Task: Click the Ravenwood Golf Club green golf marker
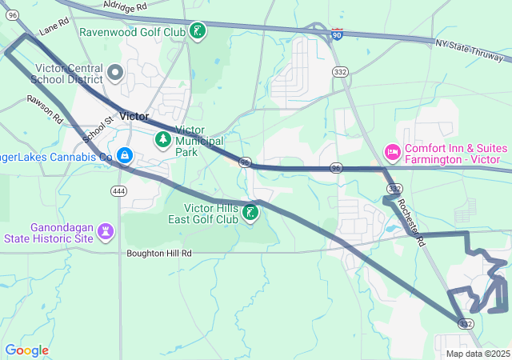pos(197,32)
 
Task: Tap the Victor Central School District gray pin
pos(115,74)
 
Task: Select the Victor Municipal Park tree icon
pos(163,140)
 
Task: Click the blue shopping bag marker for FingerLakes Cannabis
pos(124,154)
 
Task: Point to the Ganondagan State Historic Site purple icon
pos(106,231)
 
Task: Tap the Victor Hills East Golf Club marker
pos(250,213)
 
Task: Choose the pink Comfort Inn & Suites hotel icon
pos(393,150)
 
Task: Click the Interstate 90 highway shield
pos(337,34)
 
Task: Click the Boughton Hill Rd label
pos(159,253)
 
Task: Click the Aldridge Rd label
pos(125,5)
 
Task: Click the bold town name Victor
pos(134,116)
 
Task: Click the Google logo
pos(26,350)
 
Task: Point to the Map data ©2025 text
pos(477,354)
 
